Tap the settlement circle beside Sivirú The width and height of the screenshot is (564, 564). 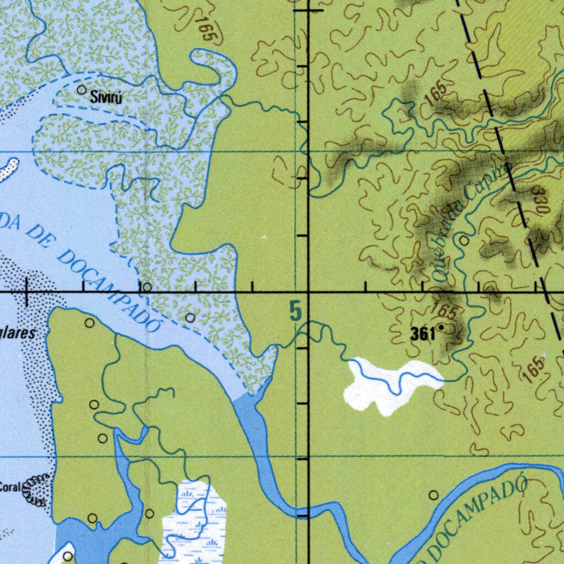coord(82,89)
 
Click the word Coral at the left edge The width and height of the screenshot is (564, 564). coord(10,487)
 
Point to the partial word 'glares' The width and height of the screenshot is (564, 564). coord(19,333)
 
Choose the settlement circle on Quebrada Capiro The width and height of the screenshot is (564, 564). coord(464,241)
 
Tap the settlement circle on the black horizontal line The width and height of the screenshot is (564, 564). coord(147,288)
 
